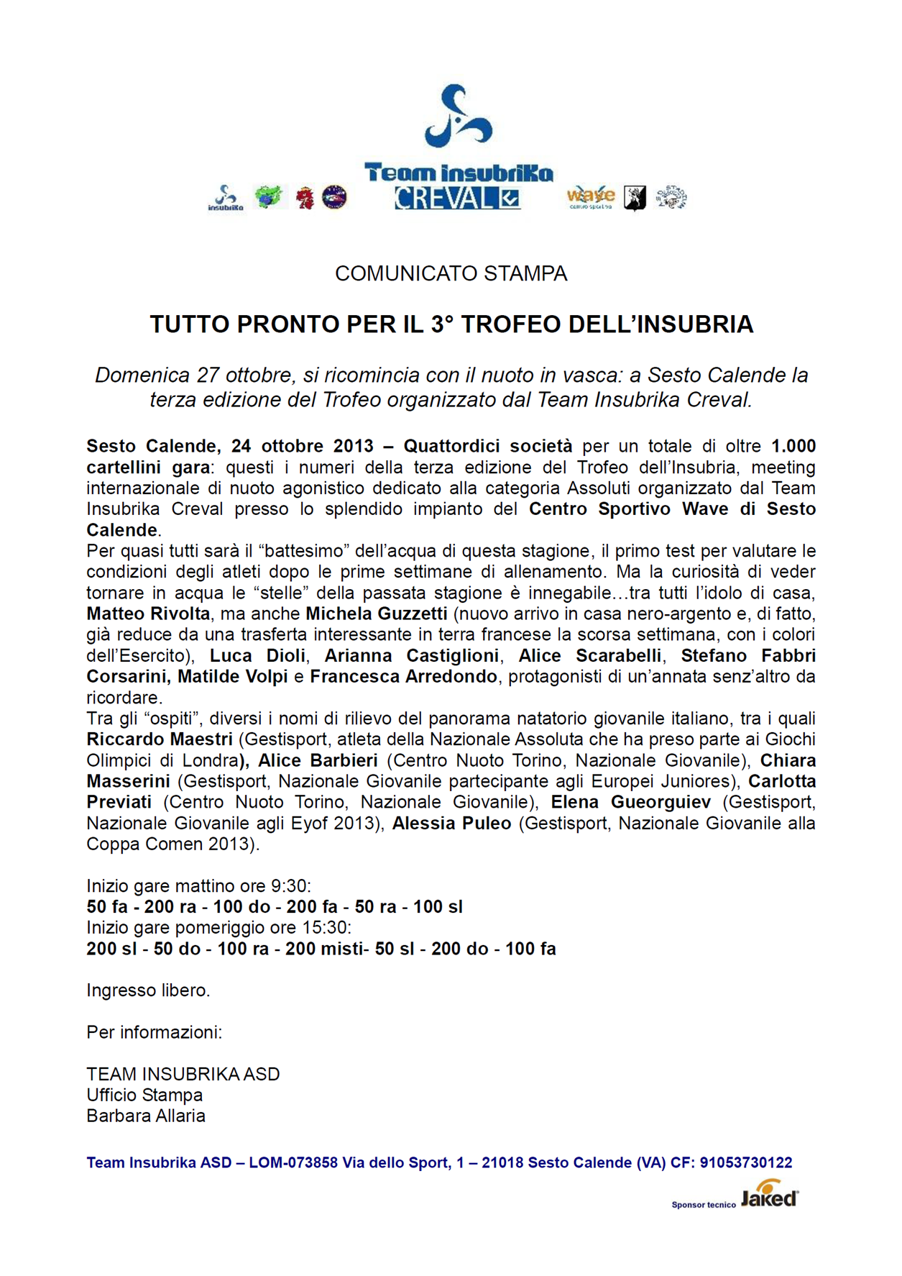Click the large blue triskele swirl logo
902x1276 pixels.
[x=457, y=114]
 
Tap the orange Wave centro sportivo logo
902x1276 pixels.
[x=590, y=196]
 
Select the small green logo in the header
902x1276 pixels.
[x=269, y=196]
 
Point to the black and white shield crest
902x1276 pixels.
[x=634, y=198]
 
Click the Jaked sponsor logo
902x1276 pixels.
[x=770, y=1198]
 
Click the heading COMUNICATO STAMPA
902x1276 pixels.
[x=451, y=274]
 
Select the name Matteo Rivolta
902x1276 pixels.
[x=148, y=614]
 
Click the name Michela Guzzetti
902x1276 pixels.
[x=377, y=614]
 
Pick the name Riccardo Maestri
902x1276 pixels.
[x=160, y=739]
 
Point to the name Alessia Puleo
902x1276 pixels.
[x=451, y=824]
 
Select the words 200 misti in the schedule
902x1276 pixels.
[x=324, y=949]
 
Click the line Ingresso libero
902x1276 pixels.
[x=148, y=990]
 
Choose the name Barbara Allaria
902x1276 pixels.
[x=146, y=1116]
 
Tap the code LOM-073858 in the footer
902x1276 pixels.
[x=293, y=1163]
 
